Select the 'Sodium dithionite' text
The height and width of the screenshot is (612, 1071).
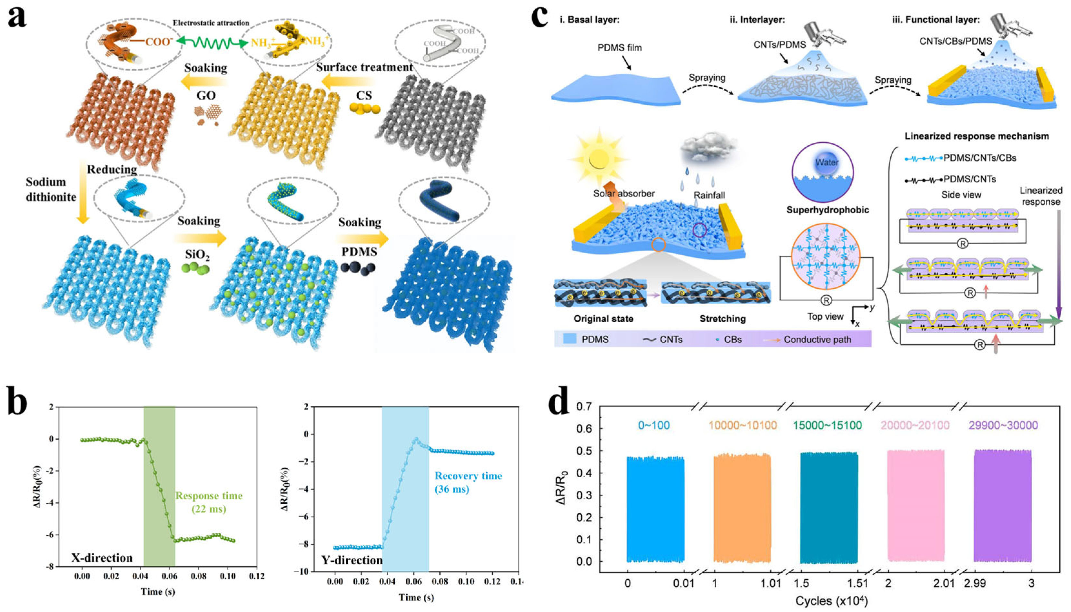[50, 189]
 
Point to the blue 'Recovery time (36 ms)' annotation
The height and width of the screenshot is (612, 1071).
[468, 482]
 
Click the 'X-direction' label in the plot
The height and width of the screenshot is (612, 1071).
[102, 558]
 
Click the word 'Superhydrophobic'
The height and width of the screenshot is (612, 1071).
[828, 210]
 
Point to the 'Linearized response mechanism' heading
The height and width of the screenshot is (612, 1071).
[977, 136]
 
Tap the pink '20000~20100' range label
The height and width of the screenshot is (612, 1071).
[915, 425]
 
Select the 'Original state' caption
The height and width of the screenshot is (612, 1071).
[603, 319]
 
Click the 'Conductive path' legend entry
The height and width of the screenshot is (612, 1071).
[817, 339]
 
